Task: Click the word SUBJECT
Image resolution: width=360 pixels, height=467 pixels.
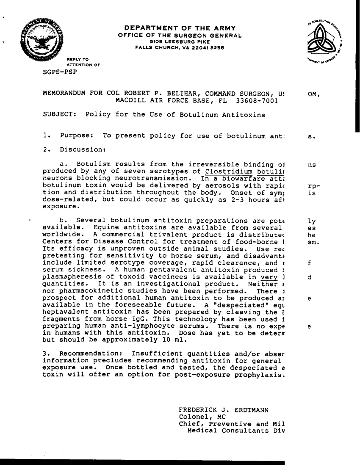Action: [x=59, y=115]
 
